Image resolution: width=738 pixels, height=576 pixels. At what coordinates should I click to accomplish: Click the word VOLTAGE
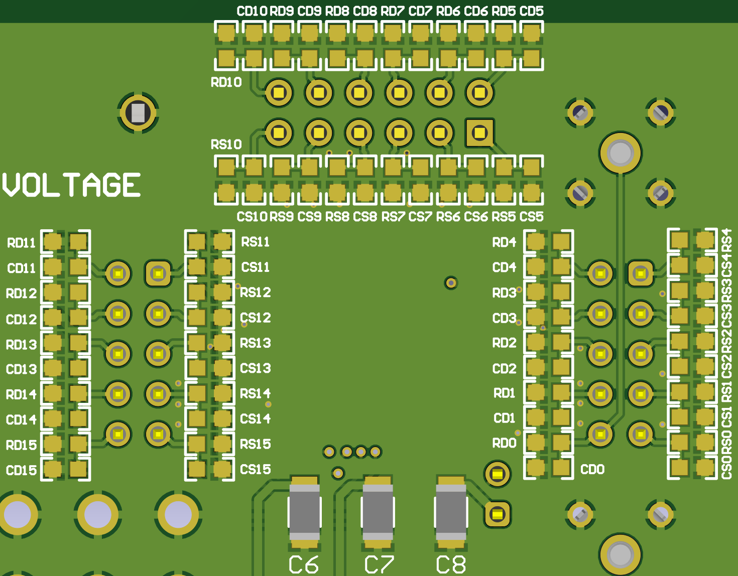coord(71,185)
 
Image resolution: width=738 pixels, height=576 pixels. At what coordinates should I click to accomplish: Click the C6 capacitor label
coord(304,564)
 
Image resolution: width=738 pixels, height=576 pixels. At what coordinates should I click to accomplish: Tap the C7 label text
coord(379,564)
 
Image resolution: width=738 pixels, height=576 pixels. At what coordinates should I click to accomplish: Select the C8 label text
coord(451,564)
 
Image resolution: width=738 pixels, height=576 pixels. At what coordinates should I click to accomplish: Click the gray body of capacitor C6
coord(304,512)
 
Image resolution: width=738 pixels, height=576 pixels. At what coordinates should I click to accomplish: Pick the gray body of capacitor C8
coord(451,512)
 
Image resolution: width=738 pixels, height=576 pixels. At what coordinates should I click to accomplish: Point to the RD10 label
coord(226,82)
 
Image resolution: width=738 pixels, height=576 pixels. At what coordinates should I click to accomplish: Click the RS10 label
coord(226,145)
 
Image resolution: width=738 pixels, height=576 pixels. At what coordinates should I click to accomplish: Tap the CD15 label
coord(21,470)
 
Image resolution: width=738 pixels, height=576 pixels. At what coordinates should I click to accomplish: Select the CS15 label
coord(256,469)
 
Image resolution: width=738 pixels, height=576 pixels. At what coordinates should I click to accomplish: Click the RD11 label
coord(21,243)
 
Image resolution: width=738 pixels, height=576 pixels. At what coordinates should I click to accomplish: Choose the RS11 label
coord(256,242)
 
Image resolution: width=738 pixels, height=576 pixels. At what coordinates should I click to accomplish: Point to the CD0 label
coord(592,470)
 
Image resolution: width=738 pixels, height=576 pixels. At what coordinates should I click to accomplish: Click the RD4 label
coord(504,242)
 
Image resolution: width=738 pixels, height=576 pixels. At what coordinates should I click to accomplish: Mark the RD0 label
coord(504,443)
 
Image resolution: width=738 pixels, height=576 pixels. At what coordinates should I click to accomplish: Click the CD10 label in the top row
coord(252,11)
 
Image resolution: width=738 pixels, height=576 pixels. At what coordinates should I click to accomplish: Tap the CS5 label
coord(531,217)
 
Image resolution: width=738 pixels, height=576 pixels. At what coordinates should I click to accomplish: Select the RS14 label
coord(256,393)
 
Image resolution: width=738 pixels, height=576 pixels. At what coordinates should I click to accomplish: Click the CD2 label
coord(504,369)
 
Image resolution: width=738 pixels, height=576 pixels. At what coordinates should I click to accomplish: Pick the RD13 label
coord(21,345)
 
